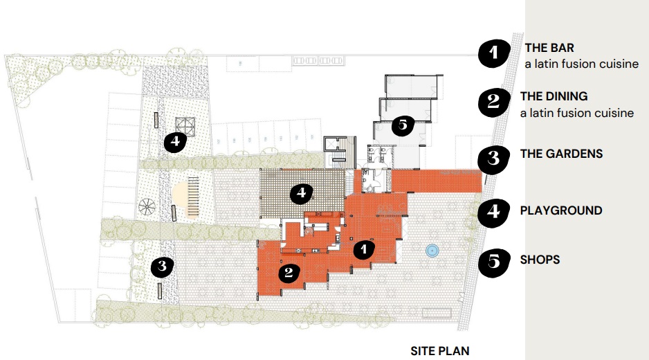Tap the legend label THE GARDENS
[x=561, y=154]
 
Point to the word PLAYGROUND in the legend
[x=560, y=210]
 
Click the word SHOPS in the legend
[x=540, y=260]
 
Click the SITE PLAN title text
[x=439, y=350]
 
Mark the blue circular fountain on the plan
[x=432, y=251]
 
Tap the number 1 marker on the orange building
[x=365, y=249]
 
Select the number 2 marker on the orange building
[x=289, y=272]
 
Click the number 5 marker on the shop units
[x=402, y=125]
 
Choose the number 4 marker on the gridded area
[x=300, y=193]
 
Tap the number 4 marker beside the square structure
[x=175, y=142]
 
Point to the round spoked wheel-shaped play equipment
[x=147, y=206]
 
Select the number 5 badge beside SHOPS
[x=494, y=262]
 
